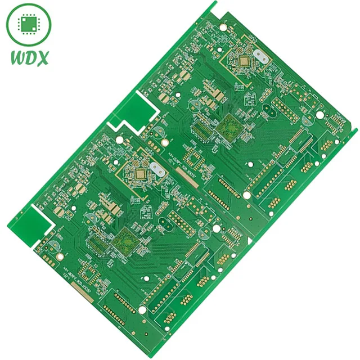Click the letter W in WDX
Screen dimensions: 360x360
tap(17, 58)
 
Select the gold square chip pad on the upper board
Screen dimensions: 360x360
tap(244, 61)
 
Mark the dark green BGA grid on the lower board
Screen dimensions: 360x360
tap(125, 242)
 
